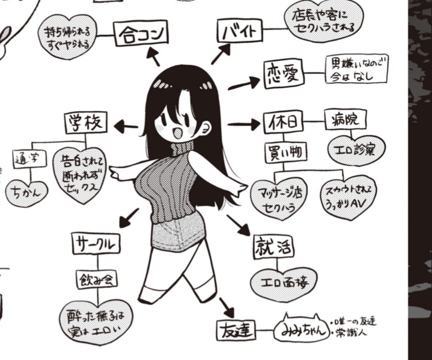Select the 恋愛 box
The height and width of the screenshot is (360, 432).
point(284,75)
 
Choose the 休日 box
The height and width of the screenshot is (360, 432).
point(283,123)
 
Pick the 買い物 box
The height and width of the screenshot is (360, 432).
point(285,152)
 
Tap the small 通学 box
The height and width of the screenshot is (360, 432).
point(30,158)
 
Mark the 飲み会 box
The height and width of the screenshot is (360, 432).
point(97,279)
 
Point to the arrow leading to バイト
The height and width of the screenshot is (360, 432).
point(220,54)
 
